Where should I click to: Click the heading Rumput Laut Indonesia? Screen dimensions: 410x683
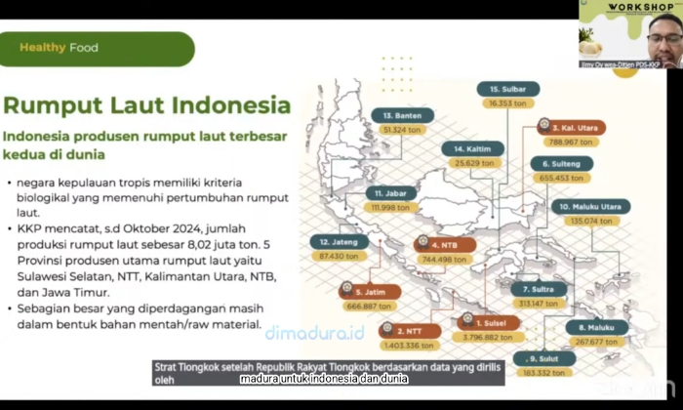pyautogui.click(x=146, y=105)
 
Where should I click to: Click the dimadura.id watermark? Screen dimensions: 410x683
pyautogui.click(x=314, y=333)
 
